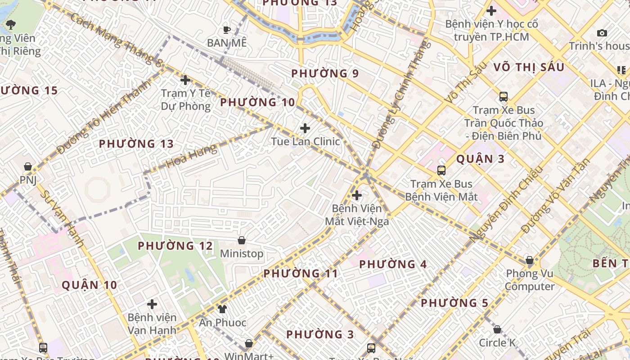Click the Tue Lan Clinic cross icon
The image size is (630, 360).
click(305, 128)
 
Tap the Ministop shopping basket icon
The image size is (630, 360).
click(242, 240)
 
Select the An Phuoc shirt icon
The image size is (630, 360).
click(222, 309)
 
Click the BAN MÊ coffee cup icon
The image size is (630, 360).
click(227, 30)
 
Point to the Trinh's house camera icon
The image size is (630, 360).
click(602, 33)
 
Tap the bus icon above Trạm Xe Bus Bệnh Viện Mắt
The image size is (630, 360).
click(441, 170)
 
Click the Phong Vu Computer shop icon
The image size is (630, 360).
click(530, 260)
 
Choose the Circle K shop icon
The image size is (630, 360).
click(497, 329)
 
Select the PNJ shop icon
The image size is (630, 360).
click(28, 166)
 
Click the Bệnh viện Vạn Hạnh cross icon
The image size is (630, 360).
click(152, 304)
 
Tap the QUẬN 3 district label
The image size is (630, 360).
click(480, 159)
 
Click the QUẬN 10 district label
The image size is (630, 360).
click(89, 285)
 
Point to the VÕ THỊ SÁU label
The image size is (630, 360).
click(529, 67)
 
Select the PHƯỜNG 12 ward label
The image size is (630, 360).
click(175, 246)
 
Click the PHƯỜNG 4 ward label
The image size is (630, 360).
click(393, 264)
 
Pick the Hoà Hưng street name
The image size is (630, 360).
click(191, 156)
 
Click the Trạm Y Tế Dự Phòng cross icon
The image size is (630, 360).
click(185, 80)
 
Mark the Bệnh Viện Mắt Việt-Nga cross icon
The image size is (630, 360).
click(357, 195)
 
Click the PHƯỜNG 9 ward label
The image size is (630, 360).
click(325, 73)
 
